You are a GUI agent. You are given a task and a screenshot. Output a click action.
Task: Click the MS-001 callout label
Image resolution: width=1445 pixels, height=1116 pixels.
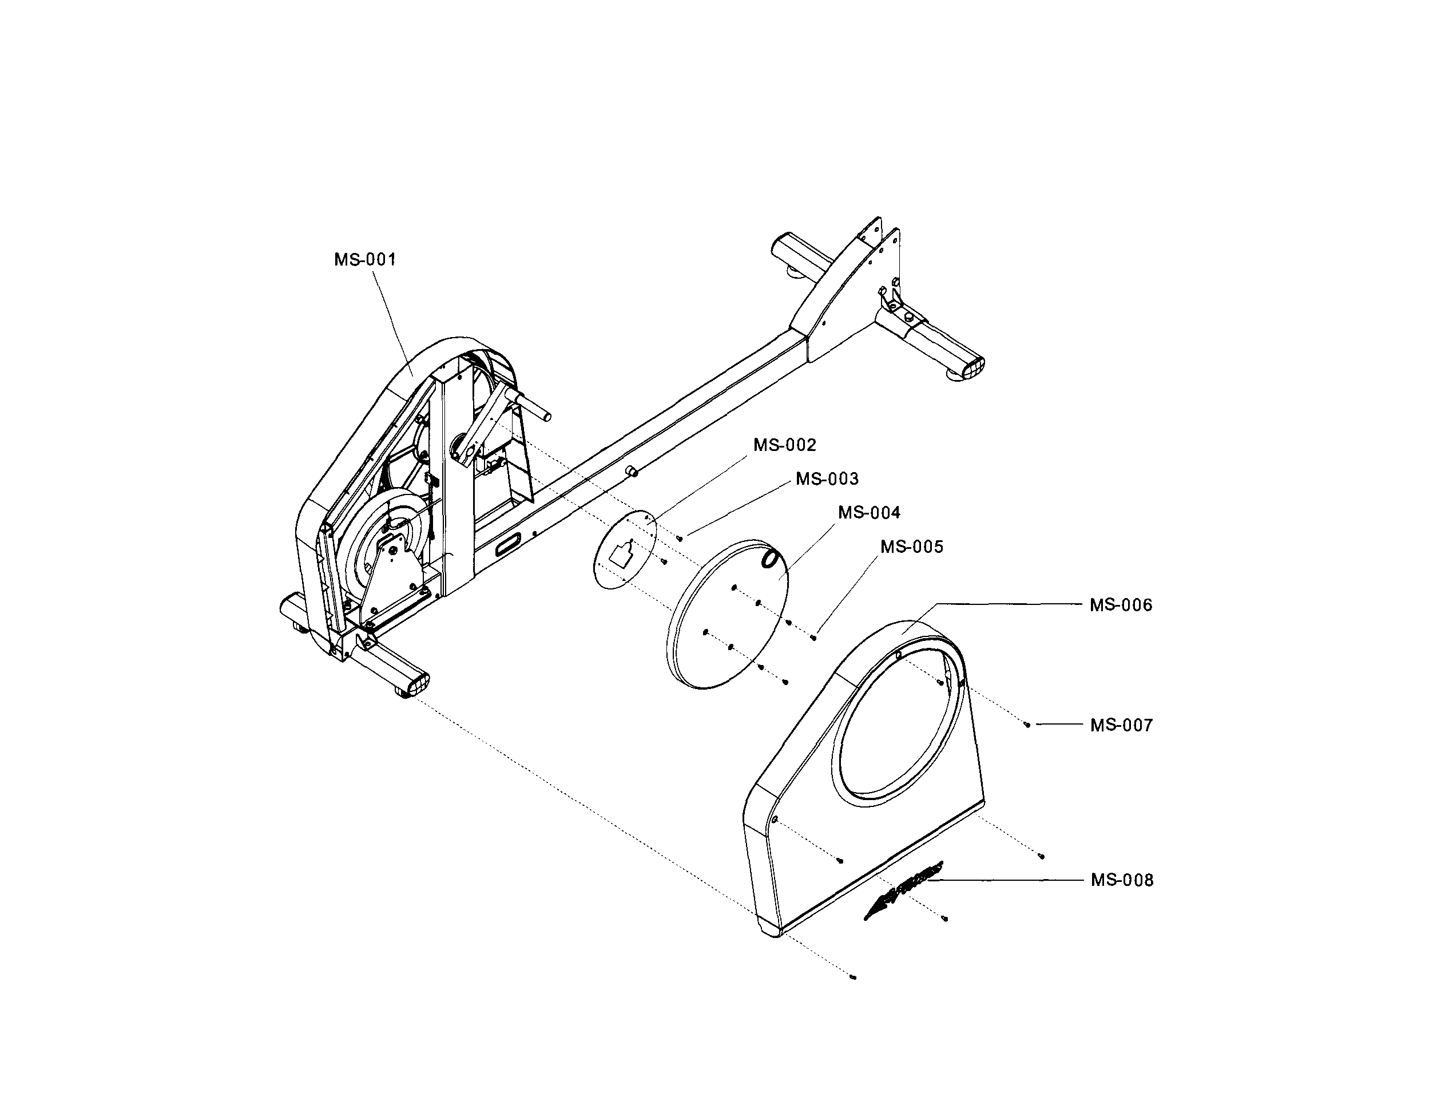coord(364,259)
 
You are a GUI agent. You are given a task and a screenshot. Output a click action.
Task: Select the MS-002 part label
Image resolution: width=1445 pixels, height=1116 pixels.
coord(785,445)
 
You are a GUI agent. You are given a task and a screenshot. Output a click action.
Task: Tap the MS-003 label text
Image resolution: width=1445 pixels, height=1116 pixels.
coord(827,479)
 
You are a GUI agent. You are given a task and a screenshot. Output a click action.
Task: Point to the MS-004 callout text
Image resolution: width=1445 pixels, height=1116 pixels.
coord(870,513)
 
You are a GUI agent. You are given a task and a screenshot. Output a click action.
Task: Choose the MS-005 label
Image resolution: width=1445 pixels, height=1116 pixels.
coord(912,547)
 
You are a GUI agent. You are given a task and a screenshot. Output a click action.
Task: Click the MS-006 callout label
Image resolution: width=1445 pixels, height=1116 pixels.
coord(1121,605)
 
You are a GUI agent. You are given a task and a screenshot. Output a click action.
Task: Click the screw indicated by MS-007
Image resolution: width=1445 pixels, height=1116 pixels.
coord(1026,725)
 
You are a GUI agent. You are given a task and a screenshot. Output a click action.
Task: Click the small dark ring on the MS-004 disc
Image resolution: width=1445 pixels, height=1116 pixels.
coord(771,558)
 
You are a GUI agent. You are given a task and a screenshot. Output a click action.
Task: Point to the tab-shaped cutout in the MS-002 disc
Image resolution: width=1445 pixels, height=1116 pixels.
coord(621,554)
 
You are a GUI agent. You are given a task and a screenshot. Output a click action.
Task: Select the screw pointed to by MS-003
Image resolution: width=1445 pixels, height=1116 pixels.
coord(680,538)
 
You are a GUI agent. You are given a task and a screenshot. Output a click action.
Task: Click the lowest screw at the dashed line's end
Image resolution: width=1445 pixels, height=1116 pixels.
coord(853,976)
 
